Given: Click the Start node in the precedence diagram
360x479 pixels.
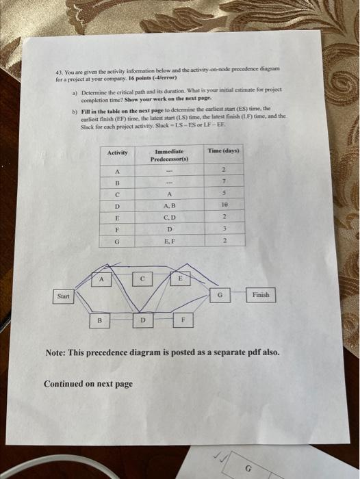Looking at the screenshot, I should pos(64,296).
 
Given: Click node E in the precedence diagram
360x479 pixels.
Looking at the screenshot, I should pos(181,279).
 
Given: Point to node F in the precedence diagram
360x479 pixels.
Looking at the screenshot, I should pos(183,319).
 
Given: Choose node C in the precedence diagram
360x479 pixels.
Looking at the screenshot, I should pos(143,279).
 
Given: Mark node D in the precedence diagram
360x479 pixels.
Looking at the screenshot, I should pos(142,319).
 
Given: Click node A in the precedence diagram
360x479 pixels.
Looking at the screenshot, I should pos(102,279).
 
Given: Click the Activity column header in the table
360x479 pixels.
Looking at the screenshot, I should pos(118,153).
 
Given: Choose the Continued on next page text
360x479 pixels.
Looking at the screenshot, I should pos(88,384).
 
